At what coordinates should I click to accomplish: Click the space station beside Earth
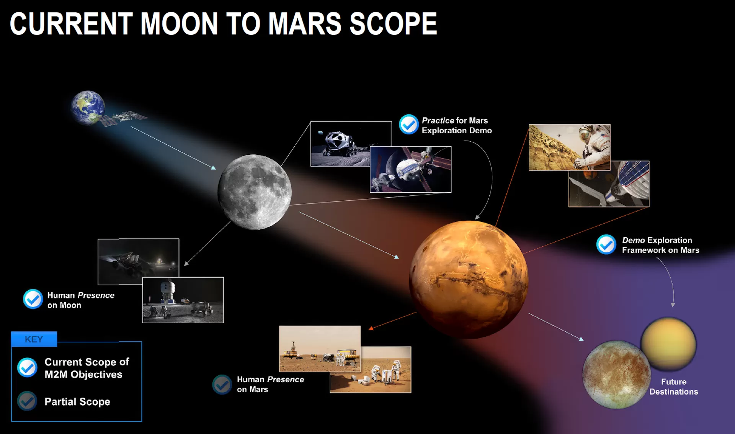pyautogui.click(x=123, y=117)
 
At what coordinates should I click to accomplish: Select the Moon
pyautogui.click(x=255, y=192)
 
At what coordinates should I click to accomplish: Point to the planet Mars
pyautogui.click(x=469, y=279)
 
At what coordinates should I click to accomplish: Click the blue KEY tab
pyautogui.click(x=34, y=339)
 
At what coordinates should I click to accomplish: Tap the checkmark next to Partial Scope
pyautogui.click(x=27, y=401)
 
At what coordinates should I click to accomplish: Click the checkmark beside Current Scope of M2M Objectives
pyautogui.click(x=27, y=367)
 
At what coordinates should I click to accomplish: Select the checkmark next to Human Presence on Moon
pyautogui.click(x=33, y=299)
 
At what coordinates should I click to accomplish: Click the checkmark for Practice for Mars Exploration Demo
pyautogui.click(x=408, y=124)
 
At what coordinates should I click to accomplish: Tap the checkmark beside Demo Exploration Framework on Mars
pyautogui.click(x=606, y=244)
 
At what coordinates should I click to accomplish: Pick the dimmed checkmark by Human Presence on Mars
pyautogui.click(x=222, y=384)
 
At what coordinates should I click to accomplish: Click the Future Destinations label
pyautogui.click(x=673, y=387)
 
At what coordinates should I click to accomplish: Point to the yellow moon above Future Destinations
pyautogui.click(x=668, y=344)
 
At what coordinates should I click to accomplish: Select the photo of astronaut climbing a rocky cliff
pyautogui.click(x=569, y=147)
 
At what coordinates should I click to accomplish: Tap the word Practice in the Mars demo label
pyautogui.click(x=438, y=121)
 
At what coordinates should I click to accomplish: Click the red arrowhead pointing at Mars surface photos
pyautogui.click(x=371, y=328)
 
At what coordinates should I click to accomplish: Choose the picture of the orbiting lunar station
pyautogui.click(x=411, y=170)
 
